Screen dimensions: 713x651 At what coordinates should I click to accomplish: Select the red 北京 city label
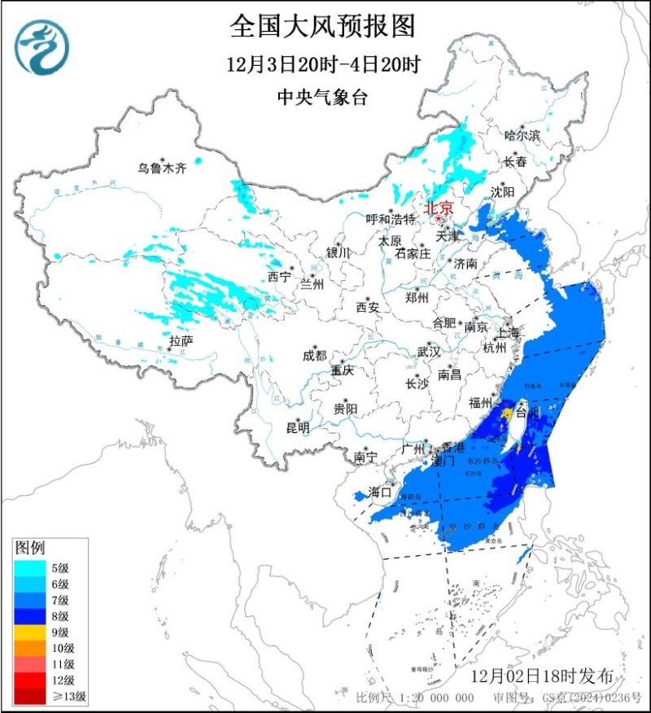coord(439,207)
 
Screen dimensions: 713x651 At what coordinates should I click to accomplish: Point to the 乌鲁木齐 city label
coord(161,168)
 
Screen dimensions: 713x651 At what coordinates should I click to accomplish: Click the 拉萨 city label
coord(181,339)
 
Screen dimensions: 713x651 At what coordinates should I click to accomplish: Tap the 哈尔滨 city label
coord(522,135)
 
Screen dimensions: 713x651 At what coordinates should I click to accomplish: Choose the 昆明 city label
coord(297,427)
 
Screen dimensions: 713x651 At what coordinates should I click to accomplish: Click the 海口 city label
coord(381,492)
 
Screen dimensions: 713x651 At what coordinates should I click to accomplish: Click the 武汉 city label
coord(428,352)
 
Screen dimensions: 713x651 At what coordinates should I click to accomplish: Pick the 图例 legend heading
coord(29,548)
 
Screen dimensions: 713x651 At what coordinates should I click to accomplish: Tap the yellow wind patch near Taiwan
coord(507,416)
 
